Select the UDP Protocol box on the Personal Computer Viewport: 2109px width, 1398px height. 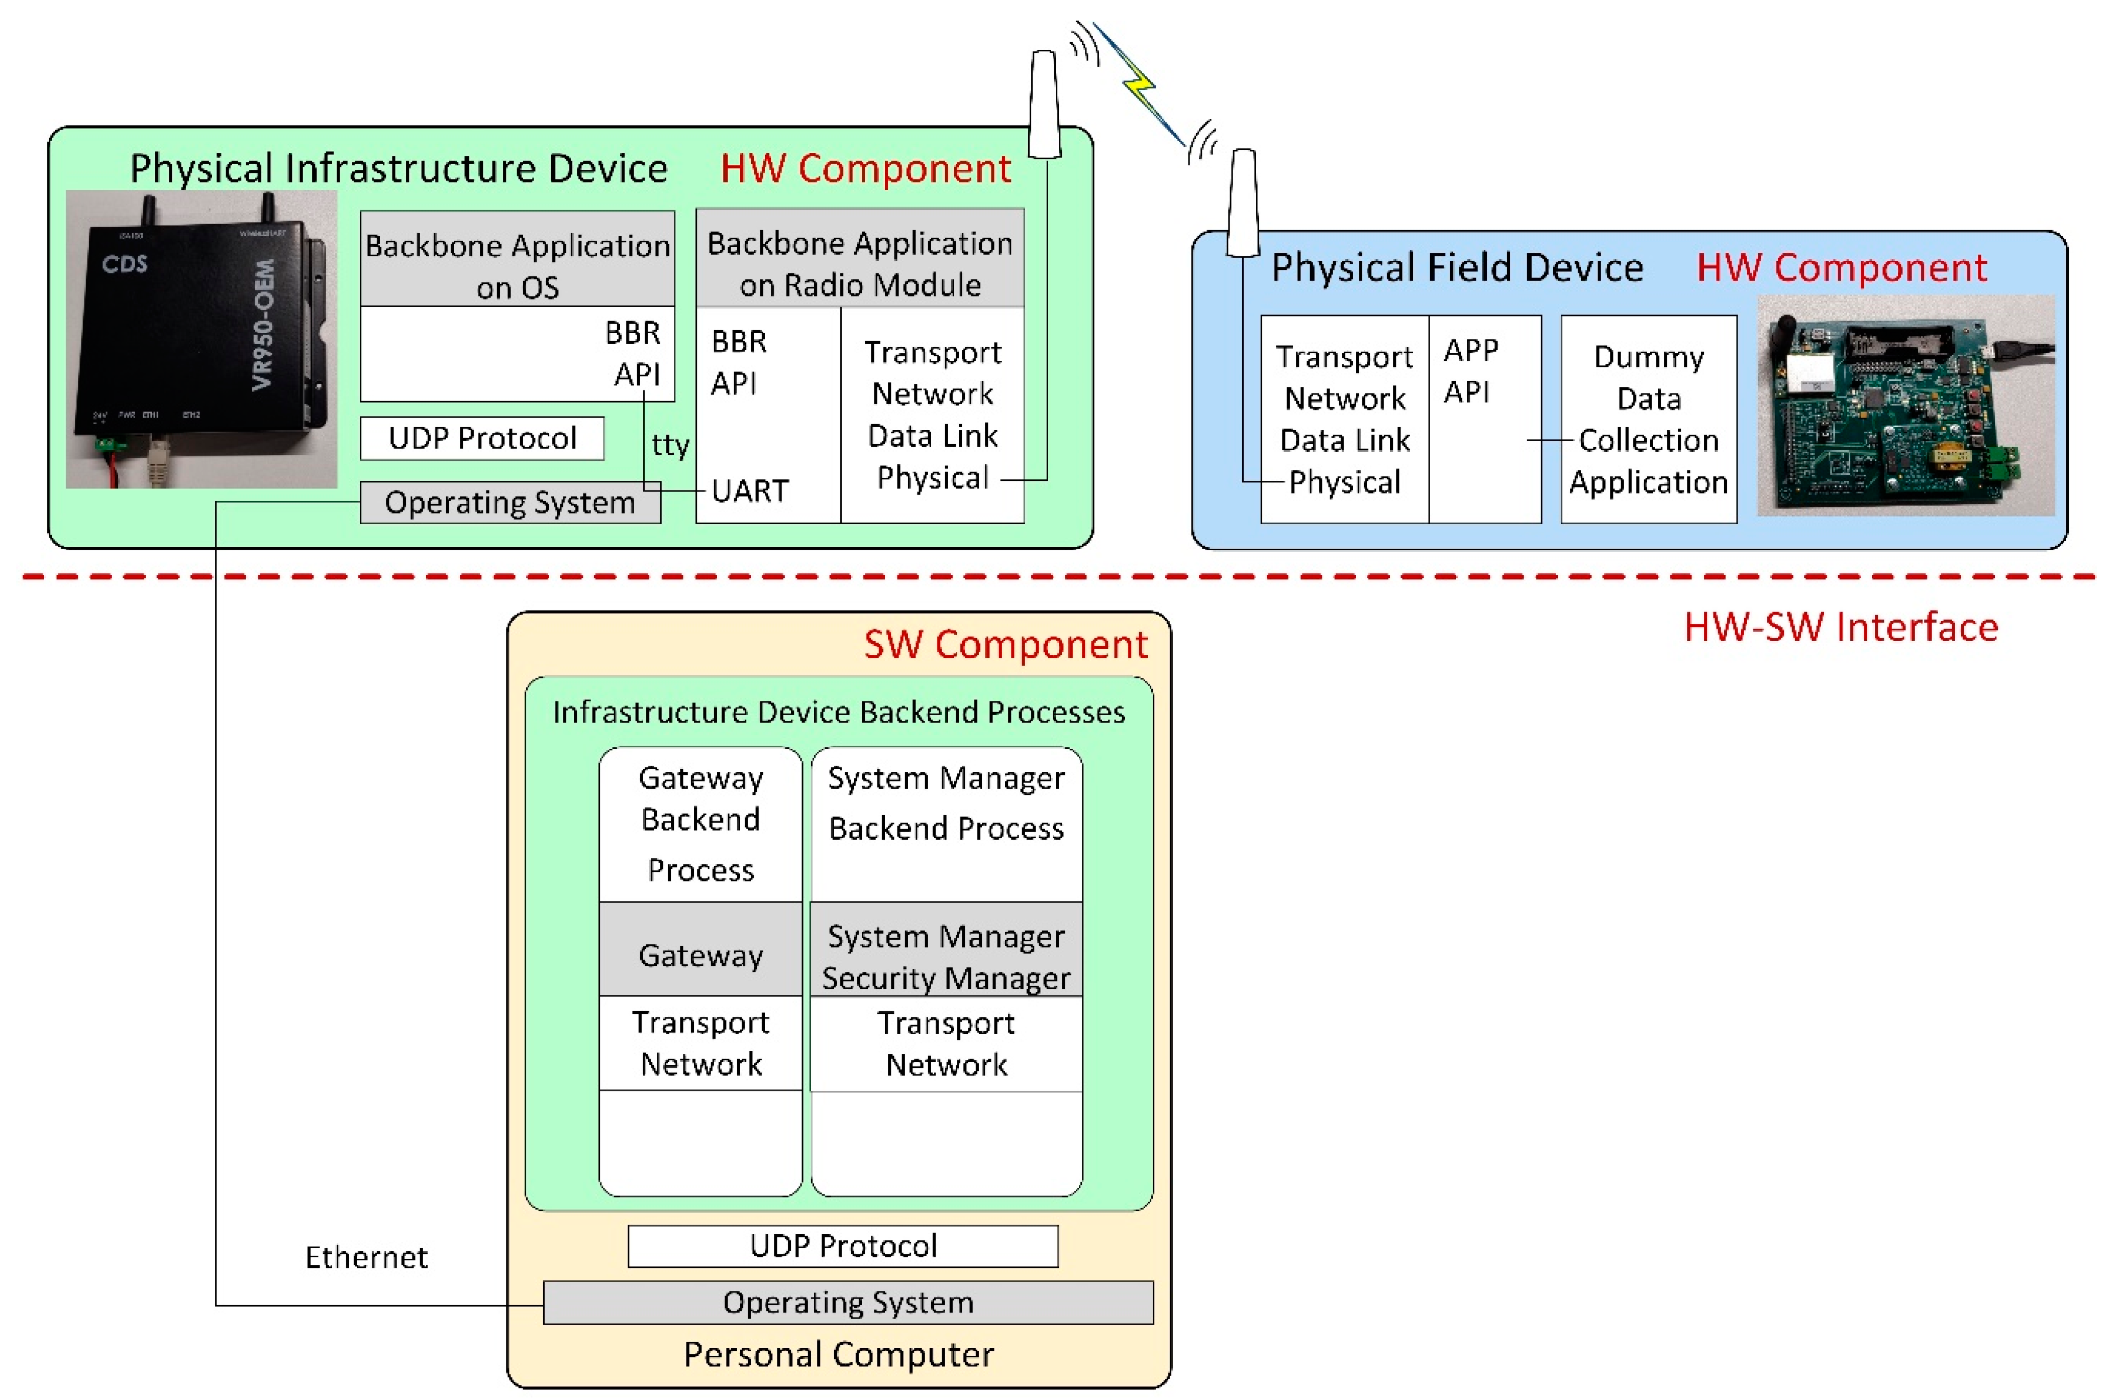[x=842, y=1246]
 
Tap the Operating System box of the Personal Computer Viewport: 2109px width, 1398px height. [x=848, y=1303]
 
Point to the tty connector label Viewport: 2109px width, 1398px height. [x=670, y=444]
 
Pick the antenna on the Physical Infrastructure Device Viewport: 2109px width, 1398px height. [x=1044, y=105]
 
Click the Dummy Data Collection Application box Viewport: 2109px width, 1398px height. [x=1648, y=419]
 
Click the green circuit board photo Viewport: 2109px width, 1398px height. [x=1905, y=406]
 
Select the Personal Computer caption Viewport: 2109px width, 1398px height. [x=838, y=1354]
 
